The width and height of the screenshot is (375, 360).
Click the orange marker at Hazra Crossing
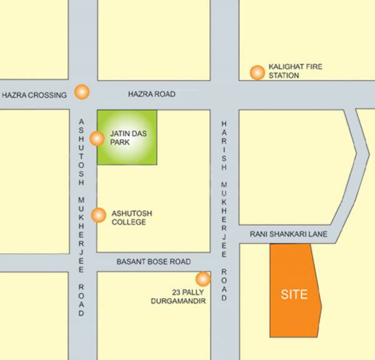(81, 92)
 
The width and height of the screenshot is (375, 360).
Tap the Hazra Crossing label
(34, 95)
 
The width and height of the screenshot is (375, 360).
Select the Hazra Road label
(151, 94)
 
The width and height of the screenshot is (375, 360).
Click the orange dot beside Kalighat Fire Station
(256, 72)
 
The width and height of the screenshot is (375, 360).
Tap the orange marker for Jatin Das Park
(97, 138)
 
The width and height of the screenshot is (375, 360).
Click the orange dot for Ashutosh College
(98, 216)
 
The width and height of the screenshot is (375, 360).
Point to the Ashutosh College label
(131, 217)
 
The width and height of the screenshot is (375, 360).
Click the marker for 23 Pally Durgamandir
(203, 278)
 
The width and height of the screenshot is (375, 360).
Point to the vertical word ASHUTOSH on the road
(81, 149)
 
